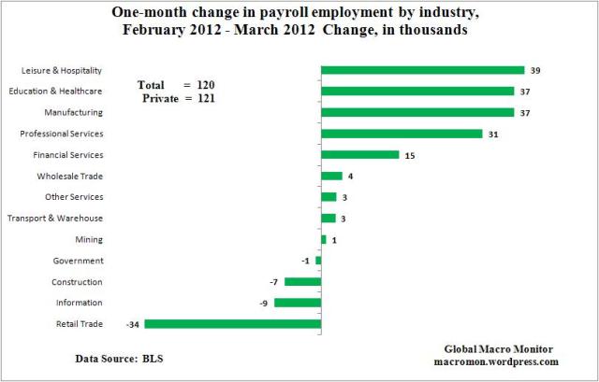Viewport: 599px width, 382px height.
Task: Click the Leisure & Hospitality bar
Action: click(x=422, y=70)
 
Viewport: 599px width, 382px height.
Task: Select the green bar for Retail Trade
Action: click(x=232, y=324)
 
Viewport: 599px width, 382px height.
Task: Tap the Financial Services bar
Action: click(x=359, y=155)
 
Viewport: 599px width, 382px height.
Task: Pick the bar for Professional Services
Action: click(x=402, y=134)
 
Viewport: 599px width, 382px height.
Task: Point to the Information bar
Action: click(x=298, y=303)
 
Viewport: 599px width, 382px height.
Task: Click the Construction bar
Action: click(x=302, y=281)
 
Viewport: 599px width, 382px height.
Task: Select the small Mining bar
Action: click(x=324, y=239)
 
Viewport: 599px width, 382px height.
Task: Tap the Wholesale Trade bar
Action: click(x=331, y=176)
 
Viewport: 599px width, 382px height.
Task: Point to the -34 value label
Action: click(x=132, y=324)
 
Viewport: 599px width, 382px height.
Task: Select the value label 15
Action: click(x=410, y=155)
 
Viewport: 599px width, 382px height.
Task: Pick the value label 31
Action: click(x=493, y=134)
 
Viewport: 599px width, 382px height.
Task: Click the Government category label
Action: click(x=78, y=261)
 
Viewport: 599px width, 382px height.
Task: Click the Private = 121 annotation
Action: click(x=176, y=97)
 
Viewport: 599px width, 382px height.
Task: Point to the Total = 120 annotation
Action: click(x=177, y=83)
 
